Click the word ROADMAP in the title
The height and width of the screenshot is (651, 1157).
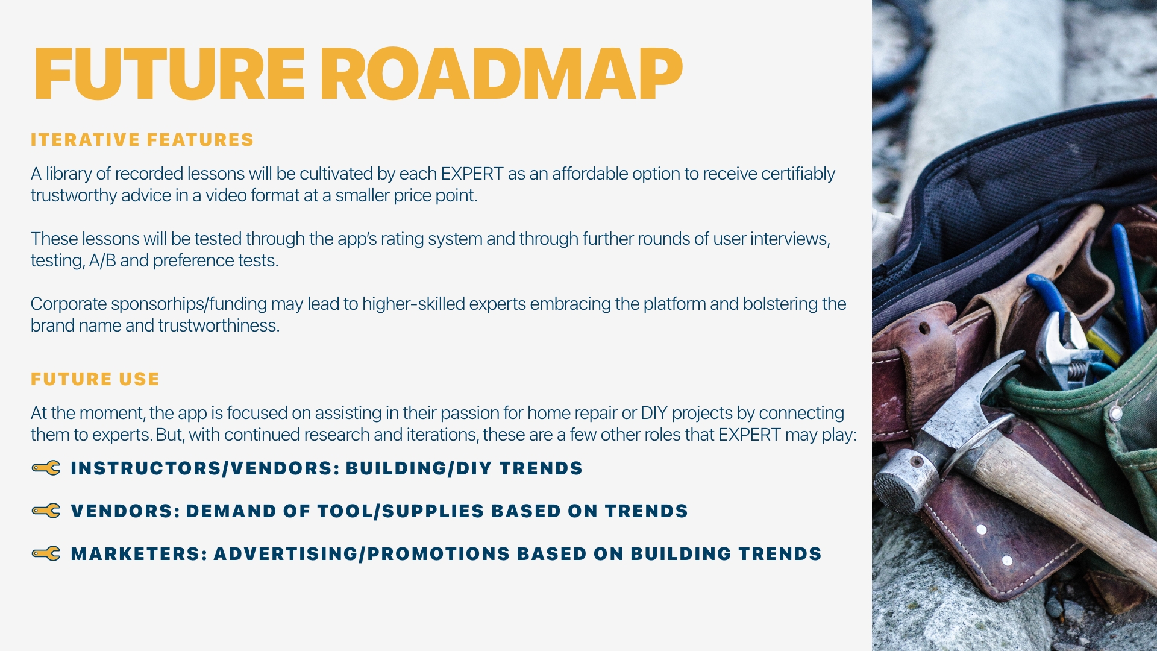coord(501,74)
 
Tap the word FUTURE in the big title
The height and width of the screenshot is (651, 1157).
coord(170,74)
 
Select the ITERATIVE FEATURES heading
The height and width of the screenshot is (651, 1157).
coord(142,140)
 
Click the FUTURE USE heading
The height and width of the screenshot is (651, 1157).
coord(95,379)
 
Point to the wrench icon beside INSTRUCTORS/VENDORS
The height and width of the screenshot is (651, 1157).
coord(46,468)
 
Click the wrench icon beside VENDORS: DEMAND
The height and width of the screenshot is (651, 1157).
coord(46,511)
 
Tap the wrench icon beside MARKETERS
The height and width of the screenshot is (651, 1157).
coord(46,553)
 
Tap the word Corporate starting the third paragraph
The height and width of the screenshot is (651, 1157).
coord(69,304)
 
